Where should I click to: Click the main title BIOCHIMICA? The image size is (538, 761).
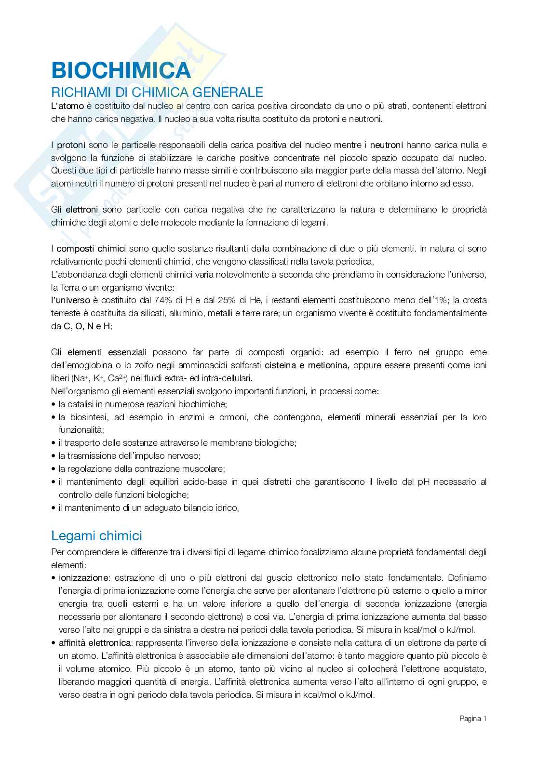(x=121, y=71)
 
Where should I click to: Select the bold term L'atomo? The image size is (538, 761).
(x=68, y=106)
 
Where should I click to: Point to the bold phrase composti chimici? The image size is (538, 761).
(x=92, y=249)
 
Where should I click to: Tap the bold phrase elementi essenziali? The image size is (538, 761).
(x=107, y=352)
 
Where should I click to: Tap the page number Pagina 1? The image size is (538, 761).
(x=472, y=719)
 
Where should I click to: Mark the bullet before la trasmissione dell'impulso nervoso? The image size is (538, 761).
(x=53, y=456)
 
